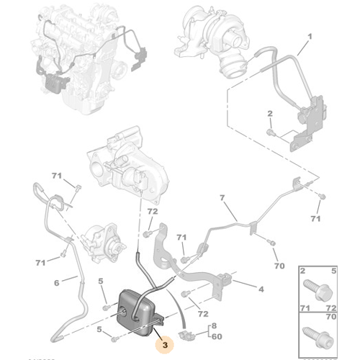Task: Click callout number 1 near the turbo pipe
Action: [310, 36]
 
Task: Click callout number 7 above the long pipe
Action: [222, 197]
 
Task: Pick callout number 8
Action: [215, 328]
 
